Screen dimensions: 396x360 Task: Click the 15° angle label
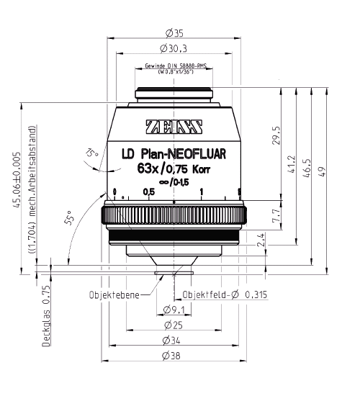click(90, 154)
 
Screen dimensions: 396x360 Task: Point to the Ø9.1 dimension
click(174, 310)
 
